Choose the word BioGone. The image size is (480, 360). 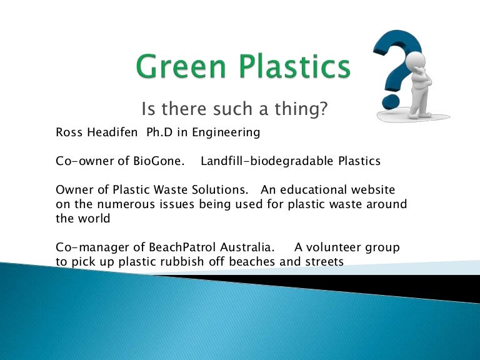click(x=159, y=161)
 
